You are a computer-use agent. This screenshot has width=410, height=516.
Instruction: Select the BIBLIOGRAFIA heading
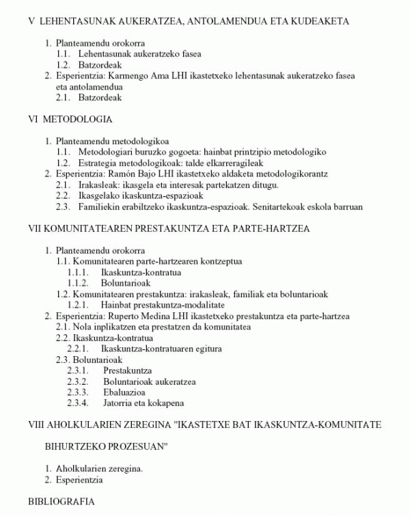click(61, 502)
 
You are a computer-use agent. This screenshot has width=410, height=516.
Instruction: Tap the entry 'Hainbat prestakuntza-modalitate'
click(163, 305)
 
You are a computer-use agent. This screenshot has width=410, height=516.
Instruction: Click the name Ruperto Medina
click(135, 316)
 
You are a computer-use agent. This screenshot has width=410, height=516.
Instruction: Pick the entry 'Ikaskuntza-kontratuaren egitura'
click(161, 349)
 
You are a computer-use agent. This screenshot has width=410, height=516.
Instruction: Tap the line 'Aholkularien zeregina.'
click(99, 469)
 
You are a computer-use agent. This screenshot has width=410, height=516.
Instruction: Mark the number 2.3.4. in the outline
click(79, 403)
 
